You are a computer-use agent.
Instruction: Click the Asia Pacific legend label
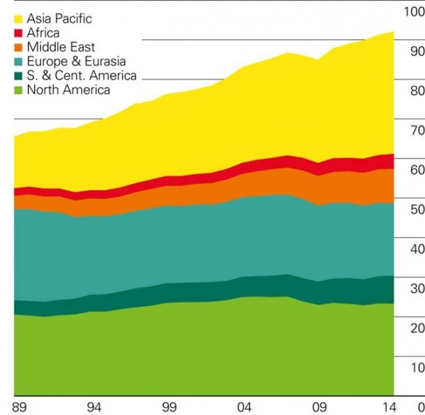click(59, 19)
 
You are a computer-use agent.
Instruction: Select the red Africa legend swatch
click(19, 33)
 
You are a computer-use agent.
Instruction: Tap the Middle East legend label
click(61, 47)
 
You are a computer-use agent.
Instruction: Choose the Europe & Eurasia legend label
click(76, 62)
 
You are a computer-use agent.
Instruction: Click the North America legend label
click(68, 90)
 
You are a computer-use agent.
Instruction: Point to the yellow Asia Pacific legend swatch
click(19, 19)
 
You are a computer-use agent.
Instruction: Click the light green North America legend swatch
click(19, 90)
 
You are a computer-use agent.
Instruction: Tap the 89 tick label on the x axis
click(20, 407)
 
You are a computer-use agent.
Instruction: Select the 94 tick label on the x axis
click(94, 407)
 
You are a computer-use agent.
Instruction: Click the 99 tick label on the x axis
click(169, 407)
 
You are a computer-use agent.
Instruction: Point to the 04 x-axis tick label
click(244, 407)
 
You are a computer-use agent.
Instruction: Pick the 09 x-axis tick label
click(319, 407)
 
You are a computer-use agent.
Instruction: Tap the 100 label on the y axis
click(413, 12)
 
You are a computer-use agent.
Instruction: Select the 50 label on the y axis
click(416, 210)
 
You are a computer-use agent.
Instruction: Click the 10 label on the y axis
click(416, 368)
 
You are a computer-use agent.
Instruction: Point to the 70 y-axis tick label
click(416, 130)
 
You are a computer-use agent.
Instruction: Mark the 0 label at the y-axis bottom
click(420, 407)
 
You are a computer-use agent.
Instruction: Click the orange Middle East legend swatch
click(19, 47)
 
